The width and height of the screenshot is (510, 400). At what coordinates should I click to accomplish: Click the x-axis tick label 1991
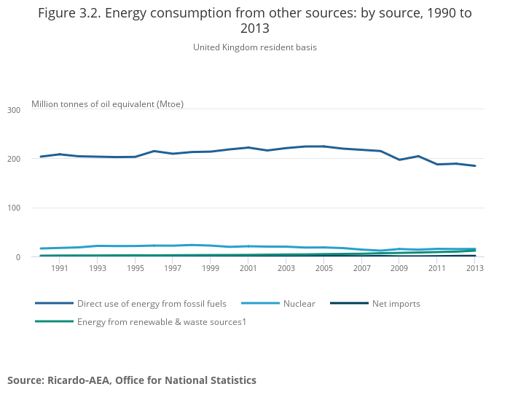60,269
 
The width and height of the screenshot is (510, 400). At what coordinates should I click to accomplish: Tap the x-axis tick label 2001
248,269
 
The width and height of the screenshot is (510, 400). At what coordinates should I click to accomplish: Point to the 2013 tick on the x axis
474,269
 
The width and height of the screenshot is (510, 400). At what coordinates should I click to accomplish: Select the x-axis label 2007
361,269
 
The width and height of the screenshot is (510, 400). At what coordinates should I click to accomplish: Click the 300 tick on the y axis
14,110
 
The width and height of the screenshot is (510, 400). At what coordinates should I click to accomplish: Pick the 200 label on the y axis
14,159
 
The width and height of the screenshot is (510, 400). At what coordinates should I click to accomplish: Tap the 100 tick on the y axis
14,208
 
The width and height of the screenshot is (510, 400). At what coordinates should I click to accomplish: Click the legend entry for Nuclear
299,304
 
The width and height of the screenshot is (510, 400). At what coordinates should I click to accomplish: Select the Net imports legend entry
396,304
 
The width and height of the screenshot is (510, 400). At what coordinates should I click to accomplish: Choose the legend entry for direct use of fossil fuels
152,304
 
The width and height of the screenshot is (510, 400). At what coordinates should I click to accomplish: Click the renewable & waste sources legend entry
161,321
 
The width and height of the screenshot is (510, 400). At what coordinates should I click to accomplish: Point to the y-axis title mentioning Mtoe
107,104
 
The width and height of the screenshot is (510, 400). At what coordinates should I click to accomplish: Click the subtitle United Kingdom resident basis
255,47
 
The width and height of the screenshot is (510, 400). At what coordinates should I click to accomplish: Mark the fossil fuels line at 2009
399,160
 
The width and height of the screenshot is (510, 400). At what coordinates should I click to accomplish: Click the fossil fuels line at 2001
248,148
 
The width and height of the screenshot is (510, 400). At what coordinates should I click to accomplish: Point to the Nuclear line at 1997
173,246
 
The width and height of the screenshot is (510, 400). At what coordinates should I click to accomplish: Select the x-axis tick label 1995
135,269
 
